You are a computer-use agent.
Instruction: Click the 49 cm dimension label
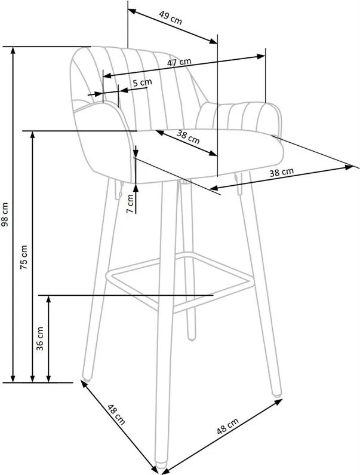(x=171, y=18)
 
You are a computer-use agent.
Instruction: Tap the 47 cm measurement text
(x=179, y=62)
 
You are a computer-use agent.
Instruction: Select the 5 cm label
(x=142, y=82)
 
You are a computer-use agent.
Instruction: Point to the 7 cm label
(x=130, y=203)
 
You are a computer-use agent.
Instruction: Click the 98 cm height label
(x=6, y=214)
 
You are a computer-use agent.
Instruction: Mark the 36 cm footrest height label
(x=39, y=338)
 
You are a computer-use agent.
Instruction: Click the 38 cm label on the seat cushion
(x=188, y=137)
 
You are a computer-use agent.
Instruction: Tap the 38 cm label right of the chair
(x=282, y=172)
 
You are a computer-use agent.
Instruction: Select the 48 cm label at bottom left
(x=116, y=415)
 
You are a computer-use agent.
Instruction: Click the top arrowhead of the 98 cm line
(x=13, y=50)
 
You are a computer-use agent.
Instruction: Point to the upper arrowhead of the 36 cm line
(x=48, y=298)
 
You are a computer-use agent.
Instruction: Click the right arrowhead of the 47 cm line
(x=261, y=57)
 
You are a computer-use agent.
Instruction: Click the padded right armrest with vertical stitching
(x=239, y=117)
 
